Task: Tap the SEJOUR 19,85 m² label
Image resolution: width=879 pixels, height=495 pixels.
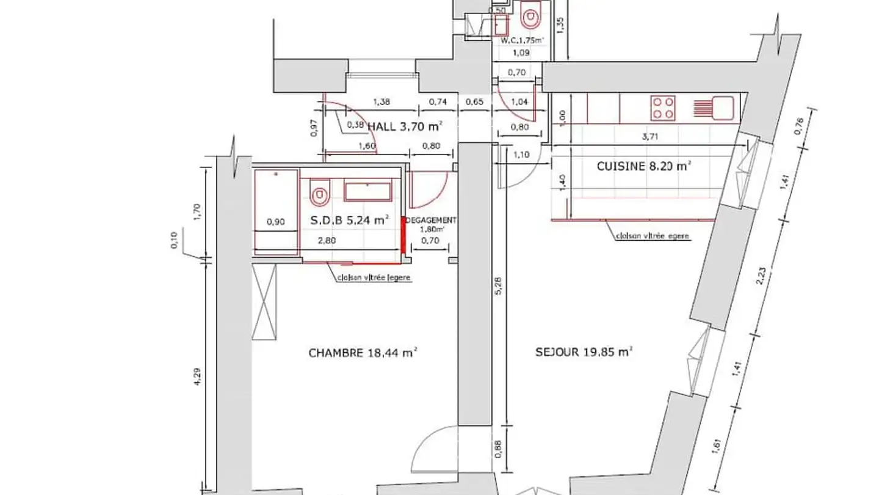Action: click(x=583, y=352)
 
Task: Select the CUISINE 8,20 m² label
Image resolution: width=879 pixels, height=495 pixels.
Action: click(x=643, y=166)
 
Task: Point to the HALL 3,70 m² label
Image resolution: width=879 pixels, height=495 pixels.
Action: click(x=404, y=127)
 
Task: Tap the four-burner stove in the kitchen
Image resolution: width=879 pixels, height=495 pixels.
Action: click(x=664, y=108)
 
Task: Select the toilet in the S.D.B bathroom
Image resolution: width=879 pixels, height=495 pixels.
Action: click(x=320, y=193)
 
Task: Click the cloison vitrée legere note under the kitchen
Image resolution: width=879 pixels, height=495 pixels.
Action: click(x=654, y=236)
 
